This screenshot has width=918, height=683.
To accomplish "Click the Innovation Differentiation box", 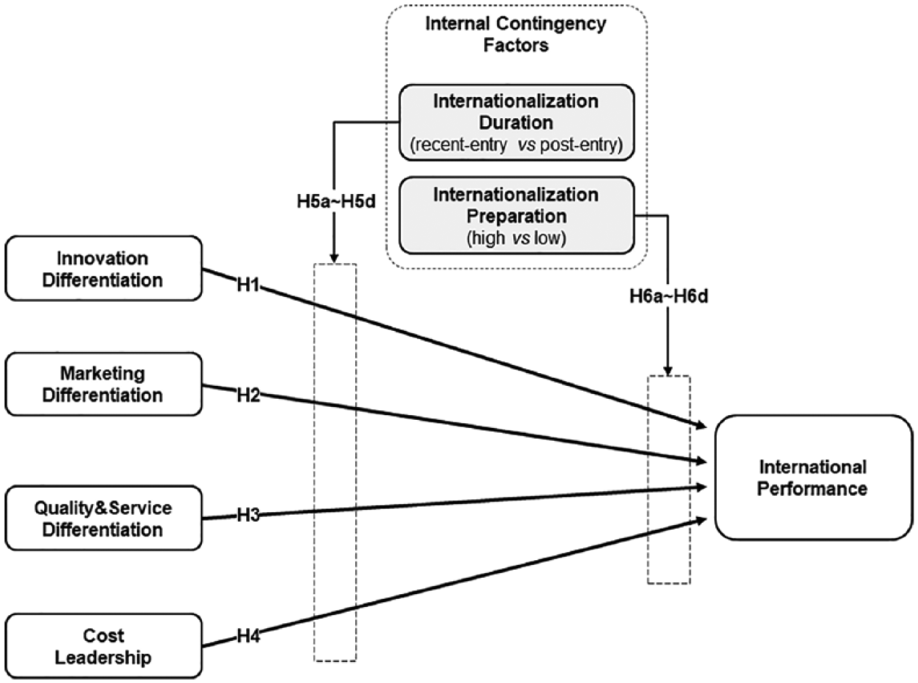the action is (x=104, y=269).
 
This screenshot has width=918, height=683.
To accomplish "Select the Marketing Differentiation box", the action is (x=104, y=384).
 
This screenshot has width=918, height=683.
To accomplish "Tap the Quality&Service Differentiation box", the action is (x=104, y=518).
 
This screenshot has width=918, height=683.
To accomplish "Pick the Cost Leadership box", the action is (x=104, y=646).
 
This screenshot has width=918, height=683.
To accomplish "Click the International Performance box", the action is (x=814, y=477).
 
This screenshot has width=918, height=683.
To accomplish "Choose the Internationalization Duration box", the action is (x=517, y=123).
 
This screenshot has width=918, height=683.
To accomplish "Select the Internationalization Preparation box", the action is (x=517, y=216).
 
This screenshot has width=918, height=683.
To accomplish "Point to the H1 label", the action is (x=248, y=285).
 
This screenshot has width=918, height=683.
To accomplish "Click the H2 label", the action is (x=248, y=395).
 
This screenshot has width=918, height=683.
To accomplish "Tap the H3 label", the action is (x=248, y=515).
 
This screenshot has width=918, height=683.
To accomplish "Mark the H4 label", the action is (x=248, y=636).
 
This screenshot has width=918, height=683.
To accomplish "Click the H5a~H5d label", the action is (x=336, y=201).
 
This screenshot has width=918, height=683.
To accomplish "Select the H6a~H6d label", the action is (x=669, y=296).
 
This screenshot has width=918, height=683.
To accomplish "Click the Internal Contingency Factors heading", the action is (x=516, y=34).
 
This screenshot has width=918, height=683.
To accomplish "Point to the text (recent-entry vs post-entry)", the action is (x=517, y=144).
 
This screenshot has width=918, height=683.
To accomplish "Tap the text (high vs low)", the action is (x=517, y=238).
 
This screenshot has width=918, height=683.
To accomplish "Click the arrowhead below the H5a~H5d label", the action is (x=335, y=258).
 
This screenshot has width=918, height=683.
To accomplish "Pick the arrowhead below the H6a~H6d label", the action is (x=668, y=370).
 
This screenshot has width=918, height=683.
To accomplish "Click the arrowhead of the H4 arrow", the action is (x=701, y=520).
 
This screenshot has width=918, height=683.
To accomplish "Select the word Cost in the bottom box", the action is (x=104, y=636).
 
